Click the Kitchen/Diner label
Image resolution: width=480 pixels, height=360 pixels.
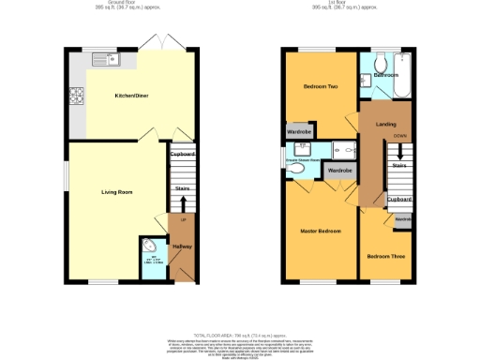130,97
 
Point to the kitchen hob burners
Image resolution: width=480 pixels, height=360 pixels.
76,97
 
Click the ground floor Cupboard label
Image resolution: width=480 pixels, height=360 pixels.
182,154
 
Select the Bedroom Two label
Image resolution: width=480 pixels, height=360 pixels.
318,87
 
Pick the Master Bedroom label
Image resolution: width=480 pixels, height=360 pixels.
320,230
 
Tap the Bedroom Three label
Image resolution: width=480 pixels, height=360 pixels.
384,256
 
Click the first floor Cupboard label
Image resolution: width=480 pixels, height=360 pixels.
399,200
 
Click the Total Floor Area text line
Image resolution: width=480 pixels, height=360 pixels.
240,334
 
